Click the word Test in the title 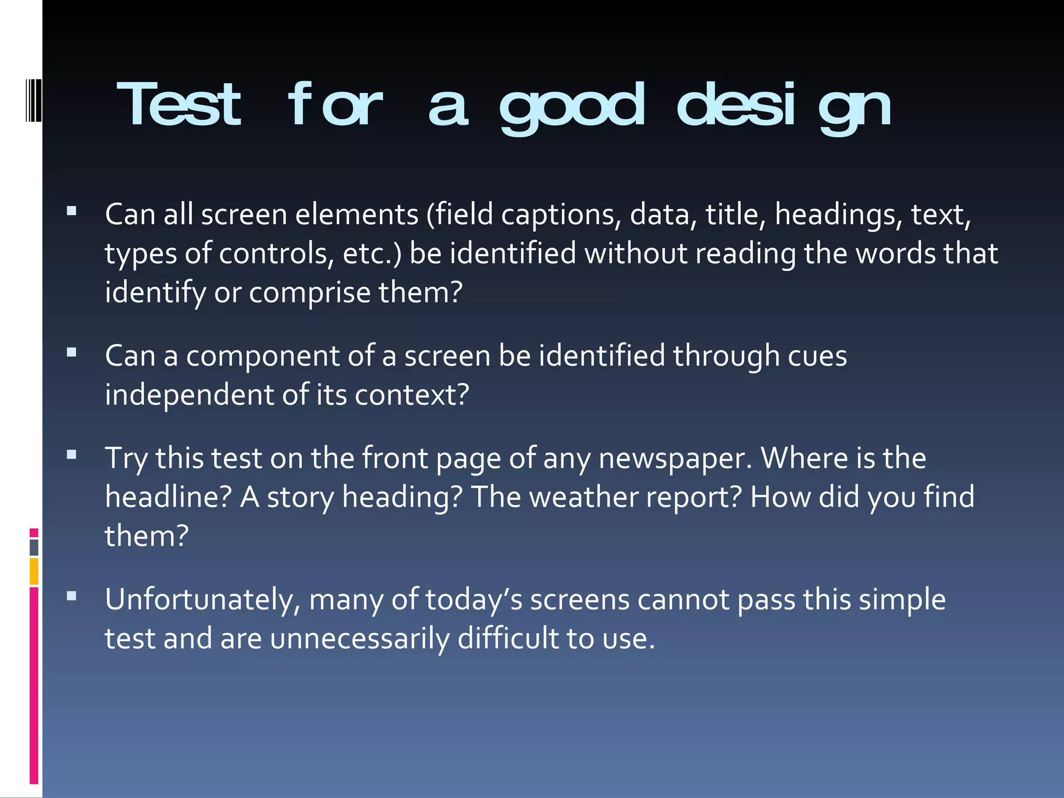pos(179,105)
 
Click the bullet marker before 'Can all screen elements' pos(72,211)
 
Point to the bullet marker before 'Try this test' pos(72,455)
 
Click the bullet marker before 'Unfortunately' pos(72,596)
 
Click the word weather pos(584,497)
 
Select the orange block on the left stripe pos(34,571)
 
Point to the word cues pos(817,356)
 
